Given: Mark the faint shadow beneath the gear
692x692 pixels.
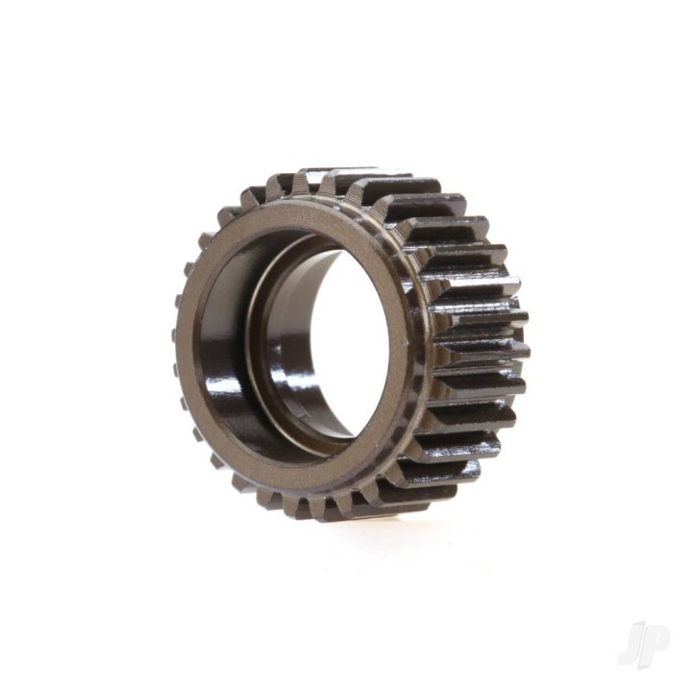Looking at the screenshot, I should click(x=384, y=524).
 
